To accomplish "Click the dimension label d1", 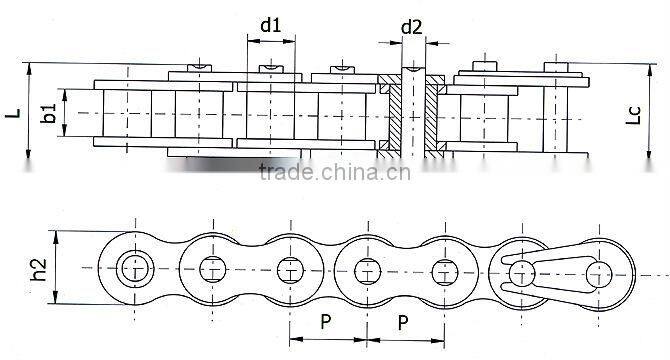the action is tap(271, 22).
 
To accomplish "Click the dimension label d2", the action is tap(410, 23).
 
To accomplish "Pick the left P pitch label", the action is tap(327, 321).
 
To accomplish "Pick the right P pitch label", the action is tap(404, 321).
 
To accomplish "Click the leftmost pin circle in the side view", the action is tap(133, 269).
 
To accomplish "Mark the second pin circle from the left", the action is tap(211, 269).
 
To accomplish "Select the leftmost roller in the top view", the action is tap(118, 112).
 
